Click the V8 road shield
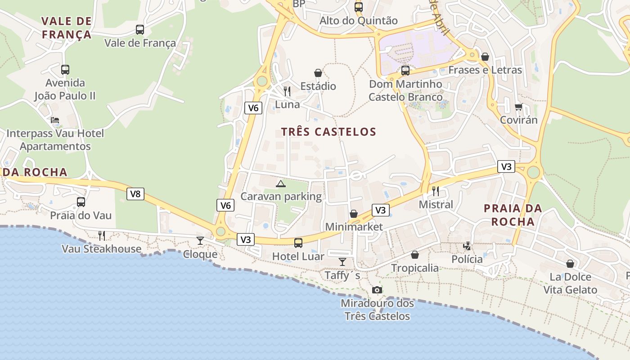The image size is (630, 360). click(x=135, y=194)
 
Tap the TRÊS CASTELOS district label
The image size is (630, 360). click(x=328, y=132)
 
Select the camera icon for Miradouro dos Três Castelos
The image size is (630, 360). click(x=377, y=290)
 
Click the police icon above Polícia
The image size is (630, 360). click(x=468, y=246)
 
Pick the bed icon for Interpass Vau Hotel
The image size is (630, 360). click(x=55, y=120)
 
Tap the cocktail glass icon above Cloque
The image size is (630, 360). click(x=200, y=241)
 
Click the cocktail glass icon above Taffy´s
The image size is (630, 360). click(x=342, y=262)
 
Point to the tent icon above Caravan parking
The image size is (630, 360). click(x=281, y=184)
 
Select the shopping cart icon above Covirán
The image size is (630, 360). click(x=519, y=107)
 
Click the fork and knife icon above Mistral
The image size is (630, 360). click(x=435, y=191)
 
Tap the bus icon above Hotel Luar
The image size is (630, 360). click(x=298, y=243)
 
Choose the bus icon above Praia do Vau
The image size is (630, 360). click(x=81, y=202)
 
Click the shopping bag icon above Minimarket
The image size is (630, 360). click(x=354, y=213)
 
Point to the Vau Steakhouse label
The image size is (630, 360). click(x=101, y=249)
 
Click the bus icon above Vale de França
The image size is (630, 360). click(x=140, y=30)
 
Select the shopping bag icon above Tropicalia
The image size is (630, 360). click(x=414, y=255)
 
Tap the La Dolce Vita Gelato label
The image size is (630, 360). click(x=570, y=283)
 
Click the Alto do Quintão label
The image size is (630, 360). click(x=359, y=21)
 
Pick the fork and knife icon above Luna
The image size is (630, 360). click(x=287, y=91)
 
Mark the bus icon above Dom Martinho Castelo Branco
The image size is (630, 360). click(x=405, y=71)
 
